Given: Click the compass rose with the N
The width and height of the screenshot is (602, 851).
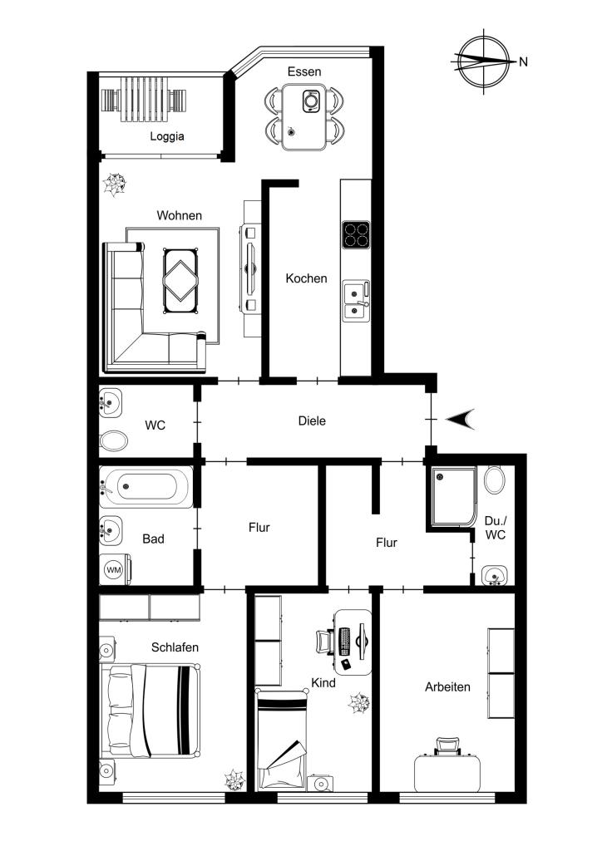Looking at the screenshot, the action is (x=484, y=61).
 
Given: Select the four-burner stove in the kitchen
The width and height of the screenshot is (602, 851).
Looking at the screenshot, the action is (x=356, y=235).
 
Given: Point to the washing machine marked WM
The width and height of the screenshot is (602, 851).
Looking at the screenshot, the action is (x=114, y=570).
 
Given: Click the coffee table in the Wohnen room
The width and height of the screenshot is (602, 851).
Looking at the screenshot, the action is (x=180, y=281).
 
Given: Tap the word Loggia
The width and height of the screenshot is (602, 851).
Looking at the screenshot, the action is (x=167, y=137).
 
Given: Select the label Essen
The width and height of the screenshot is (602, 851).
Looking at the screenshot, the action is (x=304, y=71).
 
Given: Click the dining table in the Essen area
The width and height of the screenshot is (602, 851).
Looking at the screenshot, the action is (x=304, y=116).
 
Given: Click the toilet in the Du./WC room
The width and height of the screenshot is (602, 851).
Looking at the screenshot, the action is (x=495, y=480).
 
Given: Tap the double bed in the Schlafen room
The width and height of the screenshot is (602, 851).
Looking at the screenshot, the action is (x=150, y=710).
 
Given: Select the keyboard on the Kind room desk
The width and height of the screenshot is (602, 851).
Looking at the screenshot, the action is (x=345, y=641).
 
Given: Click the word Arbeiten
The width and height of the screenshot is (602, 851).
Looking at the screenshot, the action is (x=448, y=687).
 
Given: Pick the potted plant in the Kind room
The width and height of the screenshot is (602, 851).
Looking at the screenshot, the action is (x=359, y=703).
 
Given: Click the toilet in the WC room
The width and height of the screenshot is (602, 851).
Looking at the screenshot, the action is (x=114, y=440).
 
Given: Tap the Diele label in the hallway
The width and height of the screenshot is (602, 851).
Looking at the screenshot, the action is (x=312, y=421).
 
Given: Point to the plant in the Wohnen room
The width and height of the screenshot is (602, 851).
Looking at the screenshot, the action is (x=115, y=184).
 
